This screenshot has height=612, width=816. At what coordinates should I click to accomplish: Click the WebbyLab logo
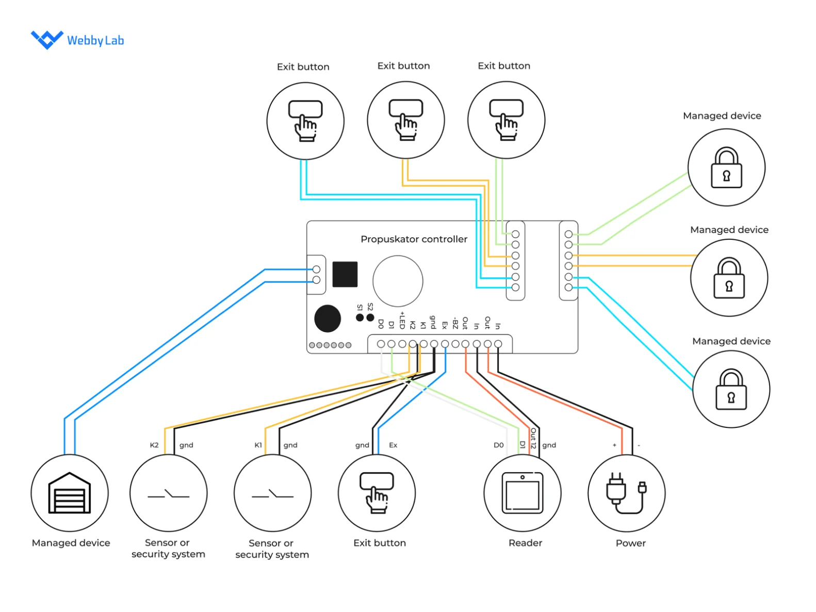tap(77, 40)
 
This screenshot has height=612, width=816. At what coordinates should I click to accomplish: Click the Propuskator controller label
tap(414, 239)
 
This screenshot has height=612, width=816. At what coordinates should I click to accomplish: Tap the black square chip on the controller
tap(345, 274)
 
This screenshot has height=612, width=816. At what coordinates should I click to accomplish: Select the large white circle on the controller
tap(398, 281)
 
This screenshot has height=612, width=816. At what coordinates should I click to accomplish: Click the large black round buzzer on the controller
tap(328, 319)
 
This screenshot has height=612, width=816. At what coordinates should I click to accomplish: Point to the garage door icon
tap(70, 493)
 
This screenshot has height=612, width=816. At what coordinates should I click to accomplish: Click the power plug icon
tap(626, 493)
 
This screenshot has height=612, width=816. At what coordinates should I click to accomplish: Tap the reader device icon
tap(523, 493)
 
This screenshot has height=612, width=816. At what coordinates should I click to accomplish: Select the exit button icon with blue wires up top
tap(305, 121)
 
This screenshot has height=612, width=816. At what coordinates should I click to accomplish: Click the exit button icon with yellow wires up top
tap(406, 120)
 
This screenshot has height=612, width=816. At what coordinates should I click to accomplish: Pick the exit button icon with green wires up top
tap(506, 120)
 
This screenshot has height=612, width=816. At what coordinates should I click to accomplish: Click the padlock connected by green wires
tap(726, 168)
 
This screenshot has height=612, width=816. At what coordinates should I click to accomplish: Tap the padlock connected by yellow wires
tap(729, 278)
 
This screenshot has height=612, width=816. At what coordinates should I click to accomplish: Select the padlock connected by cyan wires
tap(731, 389)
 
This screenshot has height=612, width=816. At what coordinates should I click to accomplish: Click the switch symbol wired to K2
tap(169, 494)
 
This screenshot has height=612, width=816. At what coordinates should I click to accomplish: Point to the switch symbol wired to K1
tap(272, 494)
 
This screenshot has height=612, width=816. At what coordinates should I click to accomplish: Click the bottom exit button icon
tap(377, 492)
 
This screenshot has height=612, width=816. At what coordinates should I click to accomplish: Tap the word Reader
tap(525, 543)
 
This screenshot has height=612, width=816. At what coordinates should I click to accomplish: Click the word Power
tap(630, 543)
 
